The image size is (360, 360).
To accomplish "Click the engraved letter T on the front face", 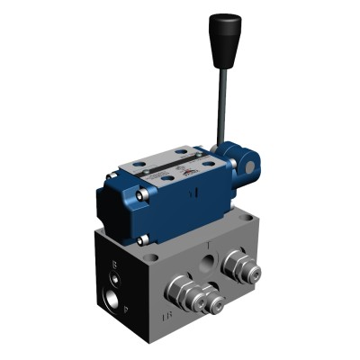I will pos(208,245).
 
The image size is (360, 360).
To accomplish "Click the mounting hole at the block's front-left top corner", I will pos(153,257).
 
